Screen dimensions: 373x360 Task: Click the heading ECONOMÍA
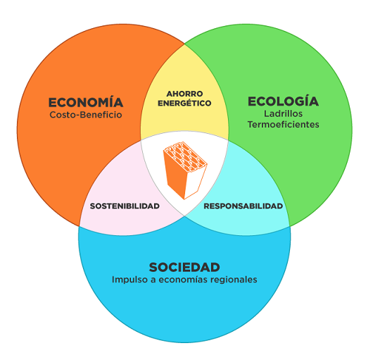(86, 102)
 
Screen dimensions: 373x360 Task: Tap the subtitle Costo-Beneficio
(86, 115)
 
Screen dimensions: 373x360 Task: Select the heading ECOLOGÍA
(284, 101)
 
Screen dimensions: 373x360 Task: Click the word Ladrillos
(284, 113)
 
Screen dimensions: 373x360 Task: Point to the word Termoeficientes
(284, 124)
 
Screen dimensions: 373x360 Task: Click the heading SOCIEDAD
(184, 267)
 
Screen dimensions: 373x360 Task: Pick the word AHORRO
(184, 94)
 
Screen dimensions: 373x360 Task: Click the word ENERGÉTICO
(184, 103)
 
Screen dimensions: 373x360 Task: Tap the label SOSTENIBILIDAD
(125, 206)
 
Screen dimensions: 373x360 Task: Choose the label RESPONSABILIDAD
(243, 206)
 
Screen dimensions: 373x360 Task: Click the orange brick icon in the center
(185, 170)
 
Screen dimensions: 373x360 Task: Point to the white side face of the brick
(194, 181)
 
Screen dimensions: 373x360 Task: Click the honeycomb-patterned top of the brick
(185, 156)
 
